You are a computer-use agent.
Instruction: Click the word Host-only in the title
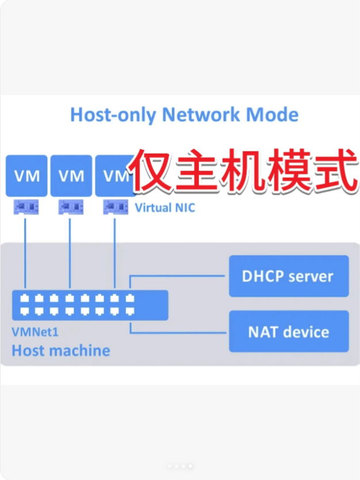113,115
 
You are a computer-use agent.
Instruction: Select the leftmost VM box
26,176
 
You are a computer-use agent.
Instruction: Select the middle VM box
71,176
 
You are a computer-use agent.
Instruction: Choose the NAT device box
289,332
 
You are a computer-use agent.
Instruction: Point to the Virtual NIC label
164,208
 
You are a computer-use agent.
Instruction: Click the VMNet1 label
35,332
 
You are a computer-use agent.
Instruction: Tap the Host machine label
61,350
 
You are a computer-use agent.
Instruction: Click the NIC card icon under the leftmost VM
26,206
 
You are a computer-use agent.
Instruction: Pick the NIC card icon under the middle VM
70,206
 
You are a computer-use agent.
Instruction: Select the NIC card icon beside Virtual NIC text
114,206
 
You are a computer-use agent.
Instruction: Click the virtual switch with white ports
90,305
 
